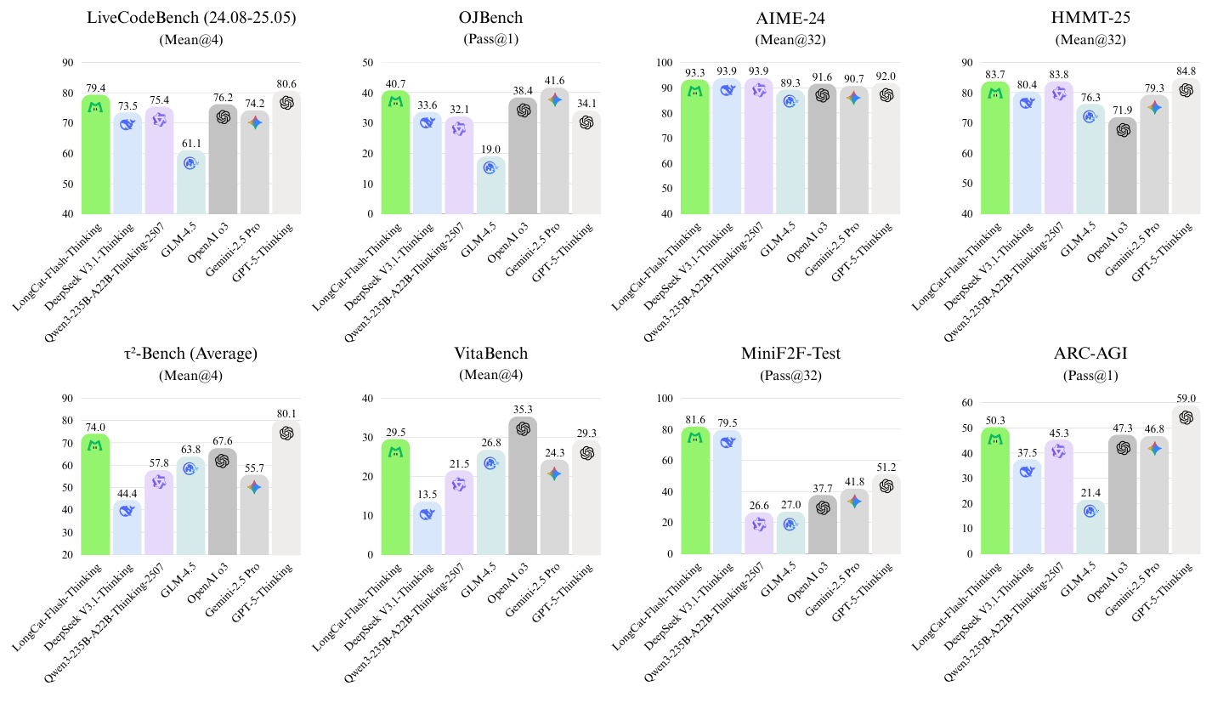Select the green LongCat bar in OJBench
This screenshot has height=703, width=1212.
click(396, 153)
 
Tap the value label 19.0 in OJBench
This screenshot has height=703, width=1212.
click(490, 149)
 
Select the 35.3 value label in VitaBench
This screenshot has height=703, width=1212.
click(523, 409)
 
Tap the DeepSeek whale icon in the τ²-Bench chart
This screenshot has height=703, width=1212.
click(127, 511)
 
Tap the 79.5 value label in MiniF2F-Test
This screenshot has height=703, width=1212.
click(728, 422)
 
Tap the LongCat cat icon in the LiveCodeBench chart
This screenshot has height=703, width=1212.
click(96, 108)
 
